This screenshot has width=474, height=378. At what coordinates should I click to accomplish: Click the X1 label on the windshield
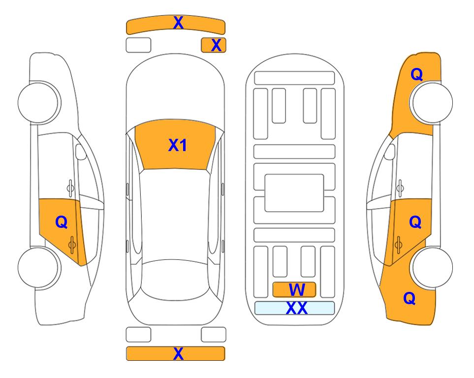click(x=178, y=145)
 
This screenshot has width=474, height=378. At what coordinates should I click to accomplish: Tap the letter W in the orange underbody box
click(x=297, y=290)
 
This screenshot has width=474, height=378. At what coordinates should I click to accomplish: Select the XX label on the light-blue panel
click(x=297, y=308)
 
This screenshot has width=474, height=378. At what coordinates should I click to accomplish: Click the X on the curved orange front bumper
click(x=178, y=23)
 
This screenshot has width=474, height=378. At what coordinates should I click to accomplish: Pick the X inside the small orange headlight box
click(x=216, y=45)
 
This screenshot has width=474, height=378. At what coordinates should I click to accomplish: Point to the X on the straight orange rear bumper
click(x=178, y=353)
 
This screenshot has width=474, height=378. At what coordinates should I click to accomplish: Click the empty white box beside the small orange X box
click(x=138, y=45)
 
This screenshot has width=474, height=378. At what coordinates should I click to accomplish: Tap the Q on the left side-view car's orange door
click(x=62, y=222)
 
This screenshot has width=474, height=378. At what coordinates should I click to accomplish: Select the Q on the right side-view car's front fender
click(x=416, y=74)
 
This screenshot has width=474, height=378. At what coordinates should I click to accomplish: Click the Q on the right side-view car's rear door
click(x=415, y=222)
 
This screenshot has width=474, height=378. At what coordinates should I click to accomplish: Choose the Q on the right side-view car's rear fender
click(x=410, y=298)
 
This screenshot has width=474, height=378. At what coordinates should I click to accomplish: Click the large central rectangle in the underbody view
click(x=294, y=193)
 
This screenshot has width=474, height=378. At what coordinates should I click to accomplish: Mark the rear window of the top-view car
click(x=176, y=280)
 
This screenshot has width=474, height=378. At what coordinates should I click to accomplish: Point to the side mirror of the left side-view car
click(x=80, y=152)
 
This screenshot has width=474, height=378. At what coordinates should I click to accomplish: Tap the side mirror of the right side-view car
click(x=390, y=152)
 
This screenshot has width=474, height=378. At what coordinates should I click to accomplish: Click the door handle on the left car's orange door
click(x=72, y=245)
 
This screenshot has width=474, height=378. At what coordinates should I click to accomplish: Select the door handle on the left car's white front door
click(x=70, y=188)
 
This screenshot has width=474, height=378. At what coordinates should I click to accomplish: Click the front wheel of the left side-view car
click(x=39, y=102)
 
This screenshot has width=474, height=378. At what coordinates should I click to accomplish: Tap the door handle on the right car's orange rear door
click(x=398, y=245)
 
